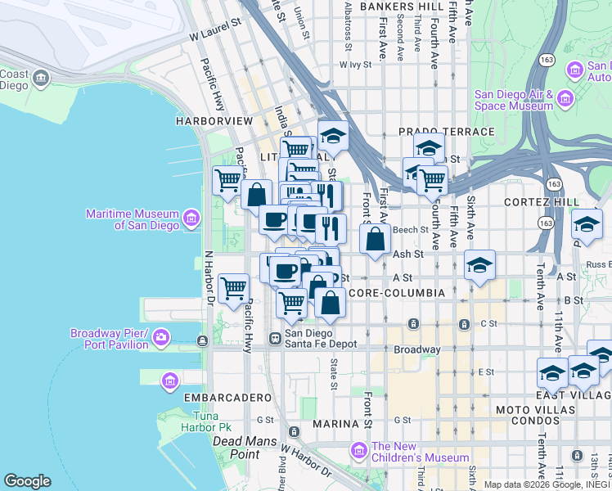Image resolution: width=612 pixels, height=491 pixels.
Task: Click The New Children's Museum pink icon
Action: tap(358, 449)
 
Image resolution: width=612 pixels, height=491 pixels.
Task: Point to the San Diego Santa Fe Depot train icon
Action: tap(274, 339)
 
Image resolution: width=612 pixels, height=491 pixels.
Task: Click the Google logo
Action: tap(27, 481)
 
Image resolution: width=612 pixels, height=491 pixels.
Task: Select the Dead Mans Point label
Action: tap(236, 448)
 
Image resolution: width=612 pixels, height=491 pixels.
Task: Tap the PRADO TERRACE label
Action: tap(446, 132)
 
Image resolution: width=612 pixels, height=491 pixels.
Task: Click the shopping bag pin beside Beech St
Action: tap(375, 240)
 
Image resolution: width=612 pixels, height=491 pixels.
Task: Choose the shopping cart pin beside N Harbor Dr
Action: tap(234, 289)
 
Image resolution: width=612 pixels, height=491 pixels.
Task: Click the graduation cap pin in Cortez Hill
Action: tap(587, 223)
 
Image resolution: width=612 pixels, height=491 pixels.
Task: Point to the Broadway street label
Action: tap(417, 349)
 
